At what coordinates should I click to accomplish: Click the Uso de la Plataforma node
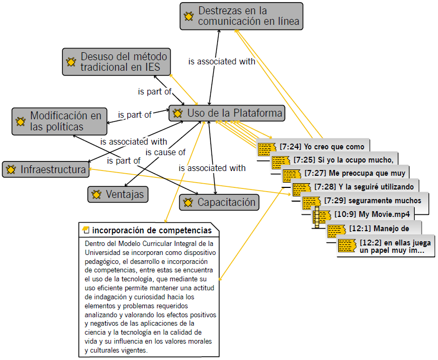[228, 113]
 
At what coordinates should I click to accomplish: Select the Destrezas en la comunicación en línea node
[241, 16]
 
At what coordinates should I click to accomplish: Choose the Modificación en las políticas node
[59, 121]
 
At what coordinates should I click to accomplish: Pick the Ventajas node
[117, 194]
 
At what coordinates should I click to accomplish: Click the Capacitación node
[219, 202]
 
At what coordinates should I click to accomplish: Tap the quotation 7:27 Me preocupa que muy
[354, 173]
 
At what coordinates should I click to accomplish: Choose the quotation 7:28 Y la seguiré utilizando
[365, 186]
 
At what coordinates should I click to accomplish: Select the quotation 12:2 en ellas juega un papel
[391, 247]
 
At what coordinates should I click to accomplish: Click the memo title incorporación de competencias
[152, 230]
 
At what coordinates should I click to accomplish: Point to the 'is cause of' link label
[165, 153]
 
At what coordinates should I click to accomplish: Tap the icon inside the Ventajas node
[97, 195]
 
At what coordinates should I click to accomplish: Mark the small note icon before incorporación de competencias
[86, 230]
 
